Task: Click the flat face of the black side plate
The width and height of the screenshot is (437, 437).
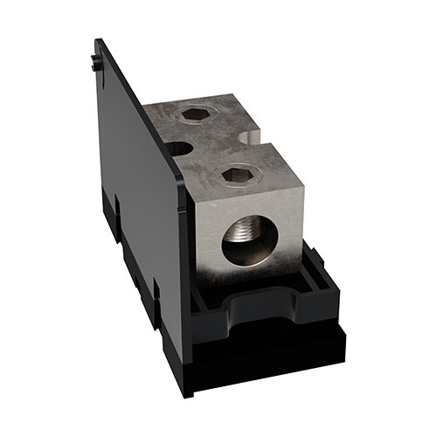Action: click(140, 175)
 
